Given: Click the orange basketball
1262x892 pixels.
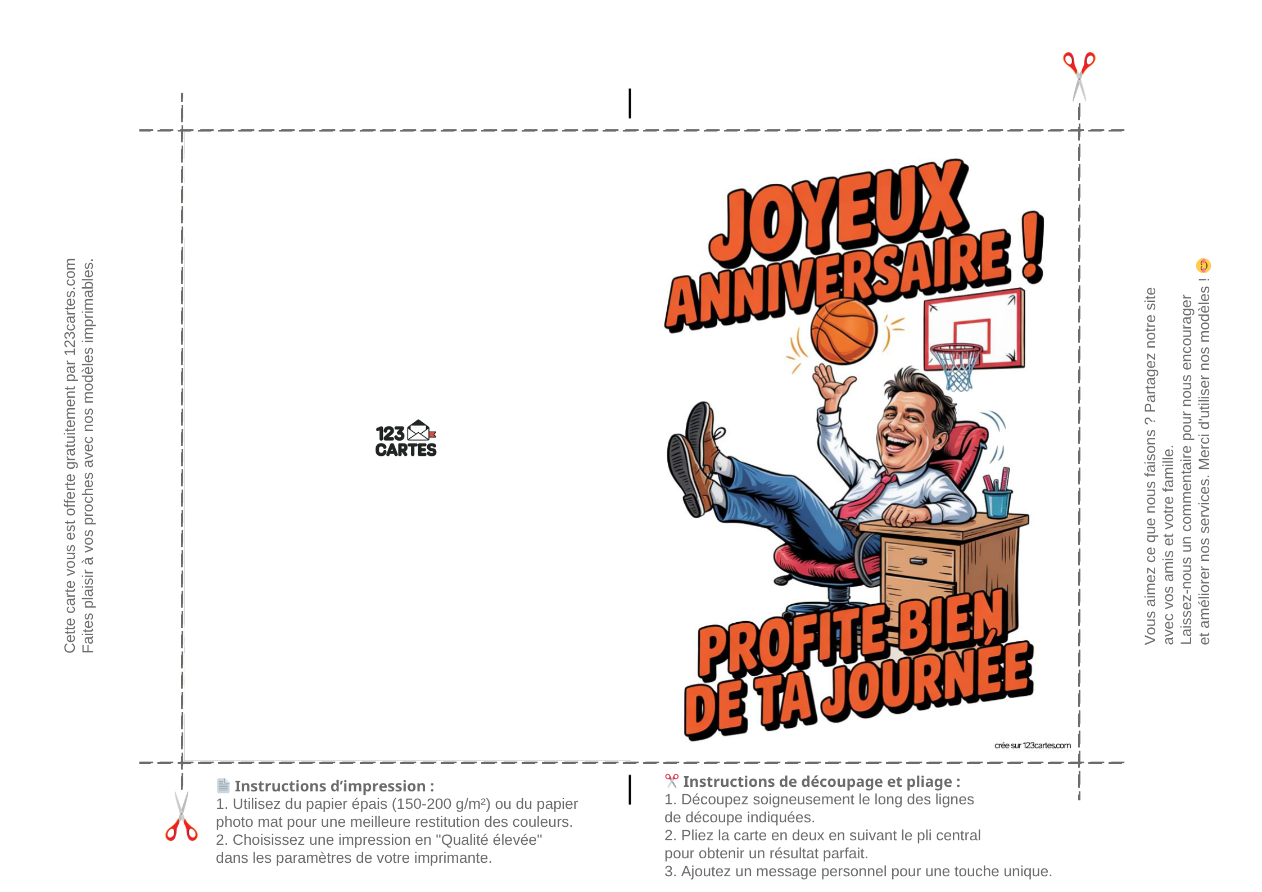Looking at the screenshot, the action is (x=843, y=331).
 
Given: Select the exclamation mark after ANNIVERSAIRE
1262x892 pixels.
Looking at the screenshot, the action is (x=1033, y=247).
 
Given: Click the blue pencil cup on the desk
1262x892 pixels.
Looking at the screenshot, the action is (x=998, y=502).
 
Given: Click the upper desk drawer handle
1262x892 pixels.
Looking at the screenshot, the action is (x=918, y=560).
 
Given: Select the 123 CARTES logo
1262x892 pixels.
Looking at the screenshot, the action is (x=406, y=438).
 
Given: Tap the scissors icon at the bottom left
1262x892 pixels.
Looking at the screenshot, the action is (x=182, y=816).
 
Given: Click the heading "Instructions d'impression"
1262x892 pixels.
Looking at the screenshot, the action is (x=334, y=786).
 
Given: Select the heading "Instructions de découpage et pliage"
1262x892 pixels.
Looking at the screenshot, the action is (x=821, y=781).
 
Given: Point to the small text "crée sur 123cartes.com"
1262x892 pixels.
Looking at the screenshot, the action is (x=1033, y=745).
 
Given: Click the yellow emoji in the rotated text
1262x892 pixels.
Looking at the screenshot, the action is (x=1203, y=265).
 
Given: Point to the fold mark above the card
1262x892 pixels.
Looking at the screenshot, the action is (x=630, y=103).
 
